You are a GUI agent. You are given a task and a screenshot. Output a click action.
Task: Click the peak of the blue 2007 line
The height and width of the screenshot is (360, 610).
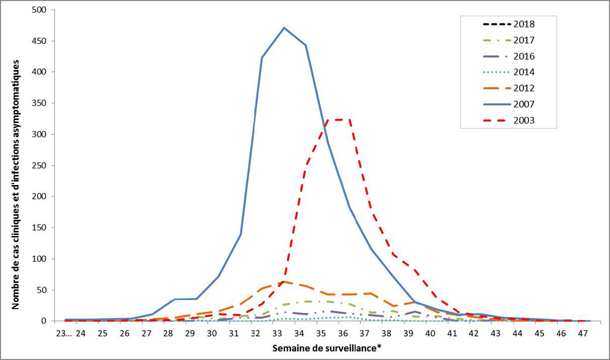[284, 27]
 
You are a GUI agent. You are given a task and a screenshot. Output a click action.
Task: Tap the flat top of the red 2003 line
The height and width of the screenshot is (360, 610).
[341, 119]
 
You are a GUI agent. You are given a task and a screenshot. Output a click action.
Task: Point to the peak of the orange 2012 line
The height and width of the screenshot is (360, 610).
[284, 282]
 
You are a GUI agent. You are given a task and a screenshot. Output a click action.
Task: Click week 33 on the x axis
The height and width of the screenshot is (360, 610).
[277, 334]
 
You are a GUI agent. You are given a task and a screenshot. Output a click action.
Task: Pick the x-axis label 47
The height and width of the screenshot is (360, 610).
[583, 334]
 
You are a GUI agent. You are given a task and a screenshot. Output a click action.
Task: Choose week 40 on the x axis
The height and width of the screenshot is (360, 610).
[430, 334]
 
